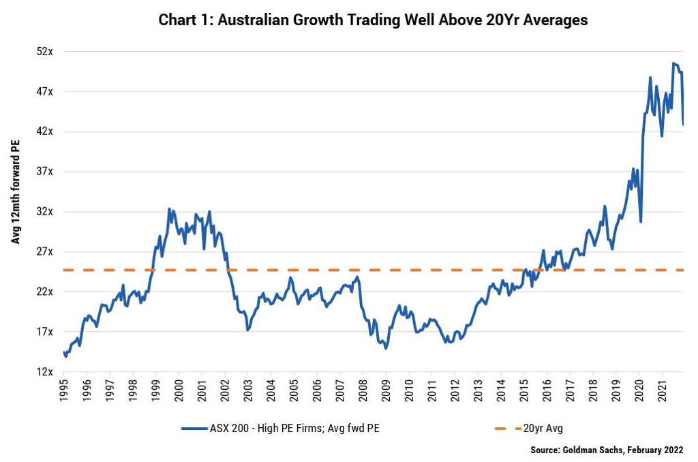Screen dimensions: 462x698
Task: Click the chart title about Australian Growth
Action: click(x=373, y=20)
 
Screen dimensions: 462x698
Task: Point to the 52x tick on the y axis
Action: click(x=45, y=51)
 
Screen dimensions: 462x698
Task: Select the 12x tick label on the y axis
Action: click(x=45, y=372)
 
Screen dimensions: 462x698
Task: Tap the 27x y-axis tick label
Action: click(x=45, y=251)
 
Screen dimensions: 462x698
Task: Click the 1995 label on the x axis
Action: click(x=64, y=390)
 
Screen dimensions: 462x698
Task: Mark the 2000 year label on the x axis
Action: click(x=179, y=390)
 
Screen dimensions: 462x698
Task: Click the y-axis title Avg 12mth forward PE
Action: click(x=16, y=191)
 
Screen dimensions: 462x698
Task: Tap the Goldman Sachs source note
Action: click(x=607, y=450)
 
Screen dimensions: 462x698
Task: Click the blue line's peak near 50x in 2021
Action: click(x=673, y=63)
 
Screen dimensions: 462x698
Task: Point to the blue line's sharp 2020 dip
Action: click(x=641, y=221)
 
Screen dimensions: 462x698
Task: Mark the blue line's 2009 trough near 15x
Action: click(x=386, y=348)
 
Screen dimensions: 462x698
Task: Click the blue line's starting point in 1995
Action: click(x=64, y=352)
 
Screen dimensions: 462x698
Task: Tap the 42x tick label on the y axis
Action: click(x=45, y=132)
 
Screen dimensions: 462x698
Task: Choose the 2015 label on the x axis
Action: click(x=523, y=390)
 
